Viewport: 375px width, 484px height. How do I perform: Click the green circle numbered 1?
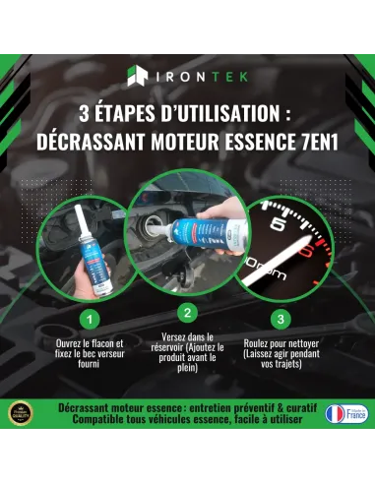(x=90, y=319)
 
